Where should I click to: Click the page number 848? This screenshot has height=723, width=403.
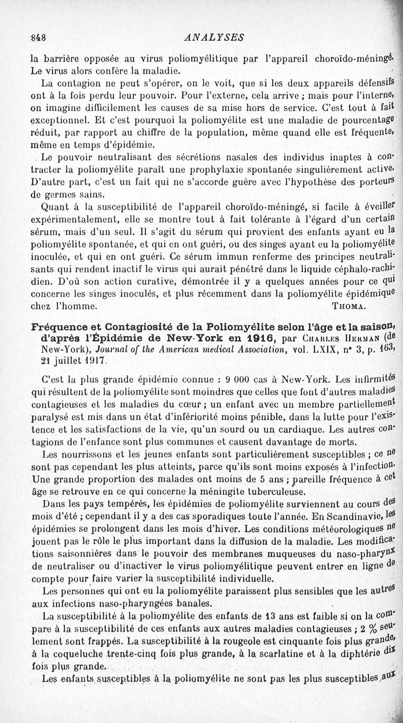point(39,37)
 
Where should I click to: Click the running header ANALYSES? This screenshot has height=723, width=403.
point(215,37)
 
